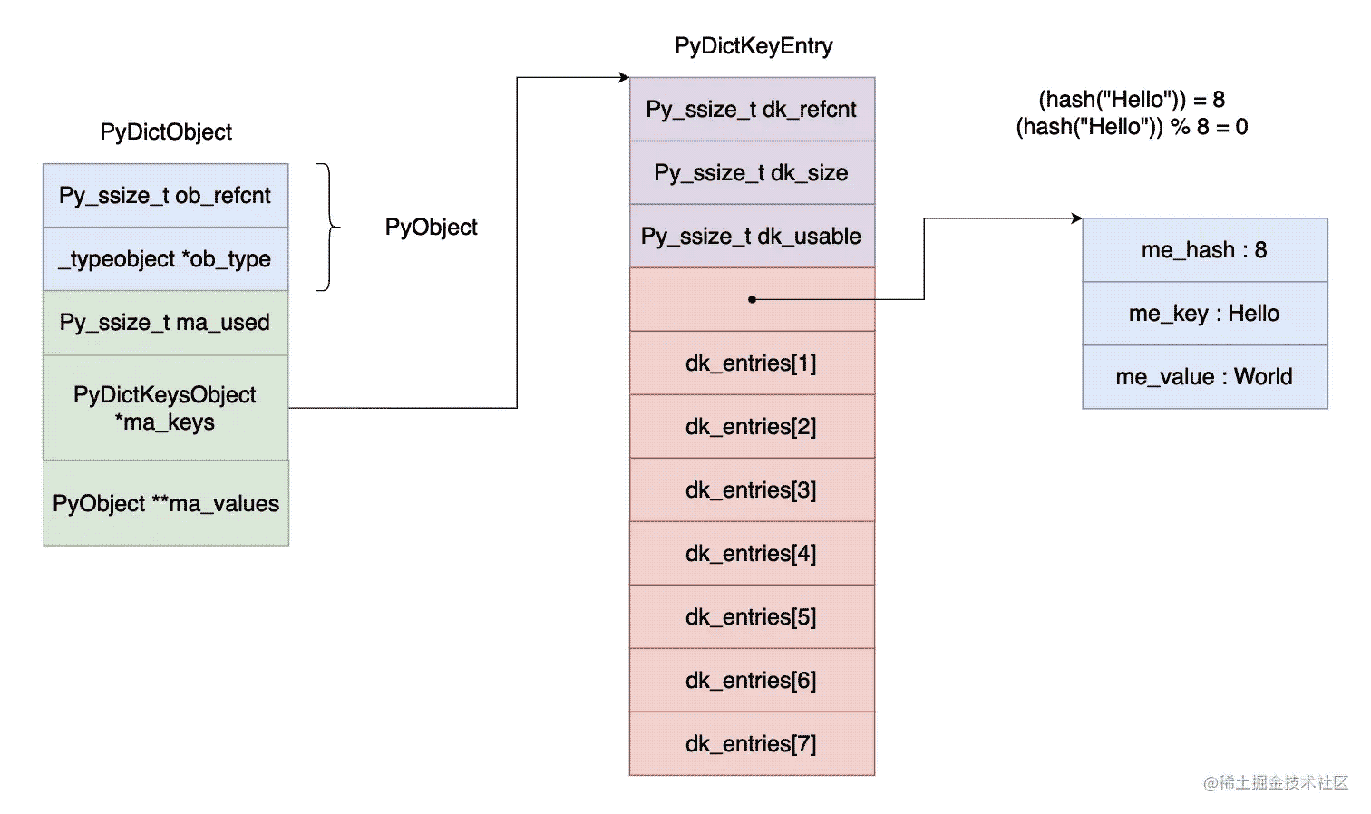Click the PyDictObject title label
coord(166,132)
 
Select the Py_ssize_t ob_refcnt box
coord(165,196)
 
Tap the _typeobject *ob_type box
coord(165,259)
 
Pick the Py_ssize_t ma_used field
coord(165,323)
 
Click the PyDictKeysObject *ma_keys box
coord(165,408)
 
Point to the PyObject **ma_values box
coord(165,504)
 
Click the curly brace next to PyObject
coord(328,227)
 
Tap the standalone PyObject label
coord(431,228)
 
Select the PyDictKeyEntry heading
coord(753,46)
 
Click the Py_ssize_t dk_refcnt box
coord(752,110)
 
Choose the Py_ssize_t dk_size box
coord(752,173)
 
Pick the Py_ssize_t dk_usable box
coord(752,237)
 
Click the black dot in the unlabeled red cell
coord(752,299)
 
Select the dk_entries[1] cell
coord(752,363)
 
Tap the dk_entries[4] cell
coord(752,554)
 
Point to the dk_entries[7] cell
coord(752,744)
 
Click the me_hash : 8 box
coord(1204,250)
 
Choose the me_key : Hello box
coord(1204,314)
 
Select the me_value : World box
coord(1204,377)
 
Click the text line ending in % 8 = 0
coord(1132,127)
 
